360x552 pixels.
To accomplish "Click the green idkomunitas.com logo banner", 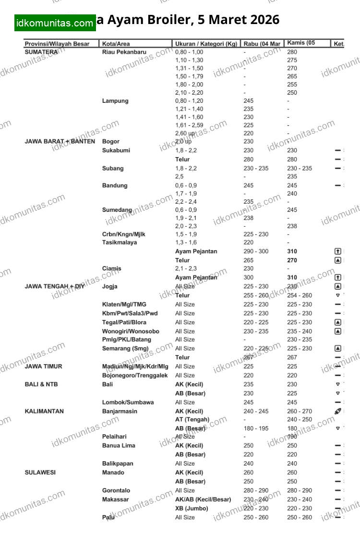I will point(55,23).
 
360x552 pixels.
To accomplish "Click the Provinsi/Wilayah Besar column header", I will point(57,44).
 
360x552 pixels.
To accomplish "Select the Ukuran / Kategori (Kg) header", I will point(206,44).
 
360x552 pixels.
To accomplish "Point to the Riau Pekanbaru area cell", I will point(124,52).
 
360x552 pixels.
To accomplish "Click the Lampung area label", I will point(115,101).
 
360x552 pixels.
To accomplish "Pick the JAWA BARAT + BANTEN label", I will point(60,142).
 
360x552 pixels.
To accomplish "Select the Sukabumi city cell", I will point(116,150).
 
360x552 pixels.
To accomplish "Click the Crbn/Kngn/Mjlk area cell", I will point(124,234).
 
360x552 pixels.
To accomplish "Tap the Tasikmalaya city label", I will point(120,243).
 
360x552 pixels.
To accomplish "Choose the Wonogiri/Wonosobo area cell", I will point(131,331).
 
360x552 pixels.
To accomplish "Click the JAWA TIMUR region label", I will point(43,367).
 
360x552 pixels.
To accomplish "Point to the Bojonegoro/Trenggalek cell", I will point(135,375).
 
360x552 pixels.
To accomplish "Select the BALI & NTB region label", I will point(41,384).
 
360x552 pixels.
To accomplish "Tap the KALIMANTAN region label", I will point(44,411).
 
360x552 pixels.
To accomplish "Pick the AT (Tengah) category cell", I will point(192,419).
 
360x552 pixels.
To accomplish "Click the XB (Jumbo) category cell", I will point(192,508).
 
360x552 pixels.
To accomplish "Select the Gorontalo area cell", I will point(116,491).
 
